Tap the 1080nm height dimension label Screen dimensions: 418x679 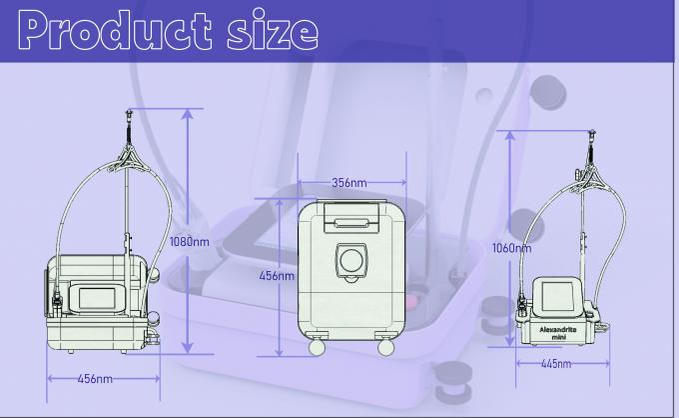[x=190, y=241]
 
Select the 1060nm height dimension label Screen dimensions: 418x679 [x=511, y=248]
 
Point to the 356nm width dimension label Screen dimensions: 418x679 [x=349, y=183]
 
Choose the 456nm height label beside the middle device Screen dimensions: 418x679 [x=277, y=276]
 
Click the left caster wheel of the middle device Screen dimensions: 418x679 [x=318, y=347]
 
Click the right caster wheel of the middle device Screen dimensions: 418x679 [x=385, y=347]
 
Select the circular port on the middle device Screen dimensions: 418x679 [x=350, y=260]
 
